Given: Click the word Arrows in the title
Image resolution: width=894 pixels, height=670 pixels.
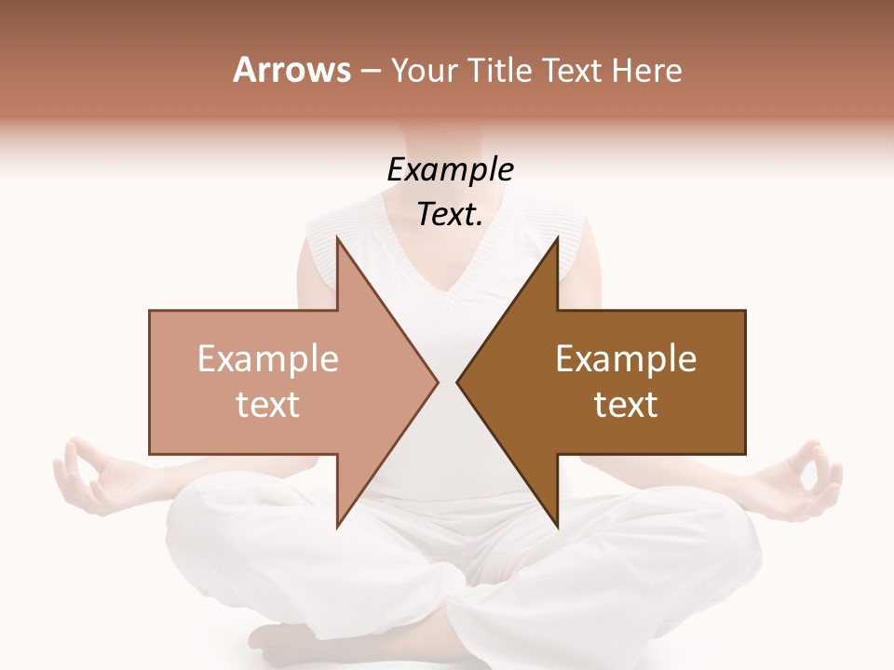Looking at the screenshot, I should click(291, 70).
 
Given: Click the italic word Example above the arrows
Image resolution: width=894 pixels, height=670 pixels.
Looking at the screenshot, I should click(450, 170).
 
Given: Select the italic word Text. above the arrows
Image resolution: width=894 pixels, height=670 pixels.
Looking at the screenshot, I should click(450, 215).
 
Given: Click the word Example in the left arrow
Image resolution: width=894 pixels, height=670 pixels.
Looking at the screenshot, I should click(267, 359).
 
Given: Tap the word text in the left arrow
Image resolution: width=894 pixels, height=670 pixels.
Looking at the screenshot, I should click(267, 405).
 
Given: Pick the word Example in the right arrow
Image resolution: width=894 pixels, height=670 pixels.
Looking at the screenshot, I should click(626, 359).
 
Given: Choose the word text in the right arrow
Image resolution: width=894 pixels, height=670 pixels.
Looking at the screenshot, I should click(626, 405).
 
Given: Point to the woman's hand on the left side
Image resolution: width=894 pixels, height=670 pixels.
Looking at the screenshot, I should click(88, 475).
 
